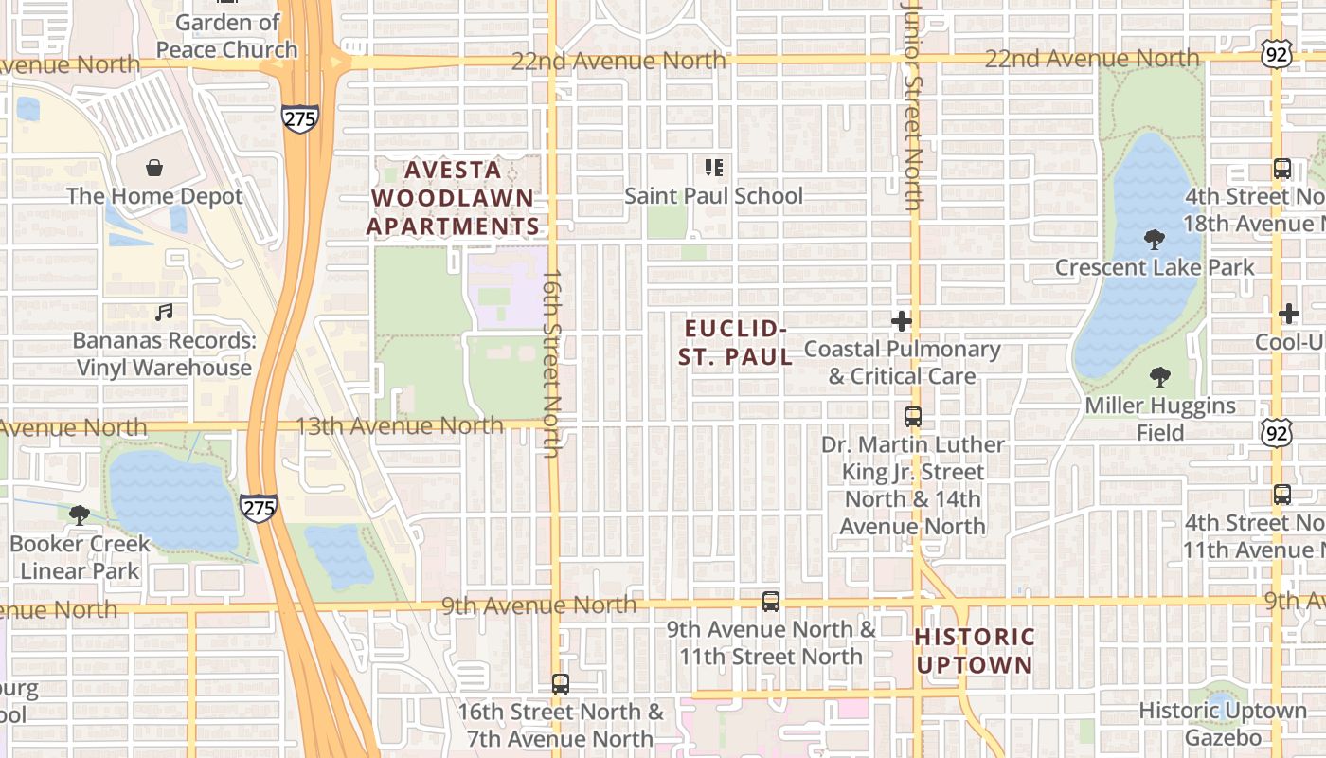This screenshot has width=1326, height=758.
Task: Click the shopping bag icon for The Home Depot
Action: click(154, 169)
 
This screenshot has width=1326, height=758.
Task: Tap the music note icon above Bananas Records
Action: click(164, 312)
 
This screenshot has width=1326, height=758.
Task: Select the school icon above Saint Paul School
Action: click(714, 168)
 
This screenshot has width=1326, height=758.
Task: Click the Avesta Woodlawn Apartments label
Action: click(453, 198)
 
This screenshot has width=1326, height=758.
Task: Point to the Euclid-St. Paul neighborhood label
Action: click(736, 342)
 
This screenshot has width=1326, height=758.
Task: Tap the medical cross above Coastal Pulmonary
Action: click(902, 320)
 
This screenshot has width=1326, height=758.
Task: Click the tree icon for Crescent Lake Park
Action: click(1154, 239)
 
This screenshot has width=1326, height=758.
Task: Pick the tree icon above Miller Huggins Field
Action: click(1159, 377)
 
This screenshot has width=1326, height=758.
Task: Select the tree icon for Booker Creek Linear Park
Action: click(80, 515)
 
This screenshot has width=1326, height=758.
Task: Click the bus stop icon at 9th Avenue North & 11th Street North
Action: click(771, 601)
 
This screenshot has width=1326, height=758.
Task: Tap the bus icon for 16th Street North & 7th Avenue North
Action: click(561, 683)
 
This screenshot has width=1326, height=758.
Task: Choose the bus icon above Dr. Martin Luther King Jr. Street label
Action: click(913, 416)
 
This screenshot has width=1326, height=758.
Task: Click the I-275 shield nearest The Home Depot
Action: click(299, 118)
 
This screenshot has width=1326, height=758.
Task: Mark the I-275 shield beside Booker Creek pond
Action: click(258, 508)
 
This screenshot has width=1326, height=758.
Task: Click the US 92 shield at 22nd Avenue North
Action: click(1277, 55)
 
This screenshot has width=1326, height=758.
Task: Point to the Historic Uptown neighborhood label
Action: click(975, 650)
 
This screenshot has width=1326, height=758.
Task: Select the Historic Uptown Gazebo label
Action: click(1222, 723)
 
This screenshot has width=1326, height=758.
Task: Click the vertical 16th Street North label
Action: click(552, 364)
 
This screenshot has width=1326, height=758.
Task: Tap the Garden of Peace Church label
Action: click(227, 36)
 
